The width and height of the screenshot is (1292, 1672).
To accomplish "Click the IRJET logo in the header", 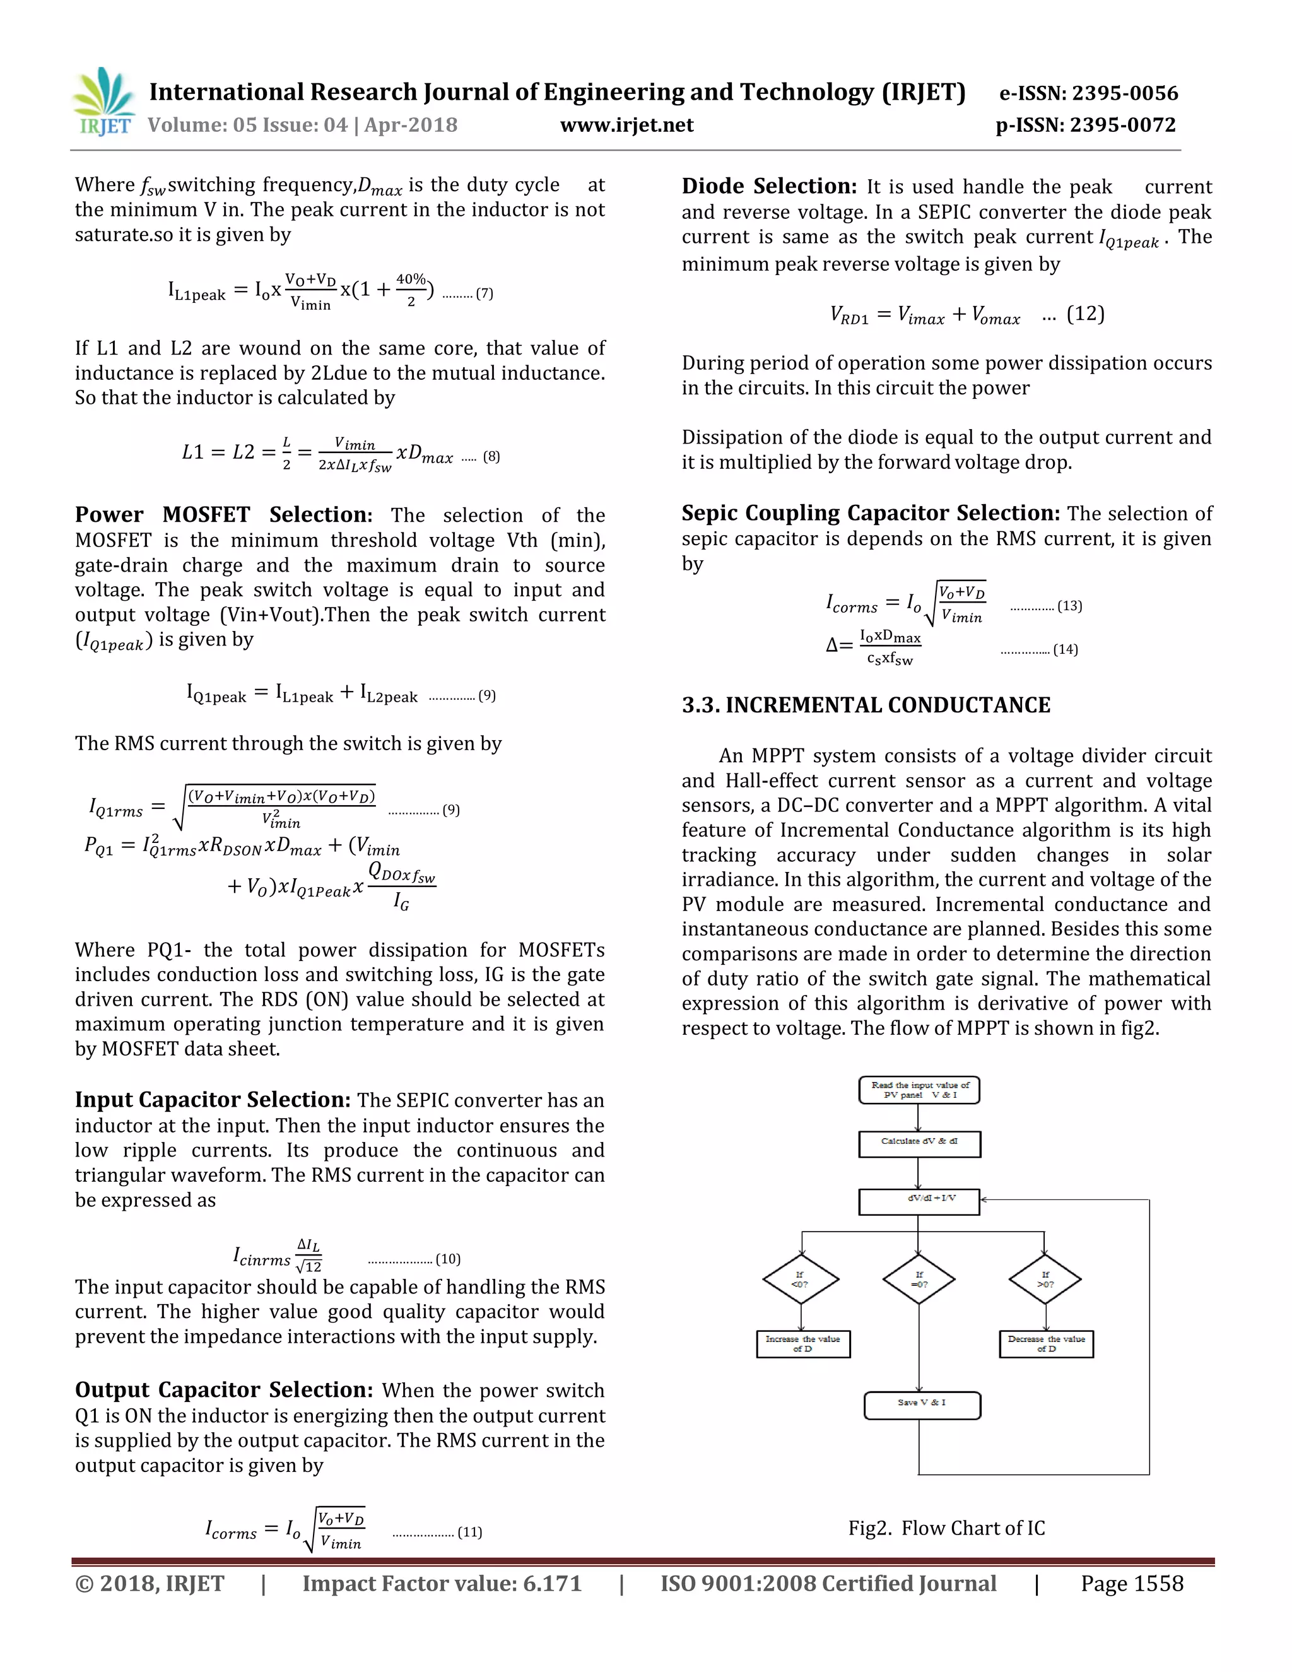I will tap(103, 102).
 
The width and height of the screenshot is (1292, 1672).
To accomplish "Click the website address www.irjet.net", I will tap(627, 125).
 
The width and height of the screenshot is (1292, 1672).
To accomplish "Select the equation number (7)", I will tap(484, 293).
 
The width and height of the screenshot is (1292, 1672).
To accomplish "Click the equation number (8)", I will tap(491, 456).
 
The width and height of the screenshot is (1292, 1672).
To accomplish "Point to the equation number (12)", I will tap(1085, 314).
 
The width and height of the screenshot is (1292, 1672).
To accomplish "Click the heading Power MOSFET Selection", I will tap(223, 514).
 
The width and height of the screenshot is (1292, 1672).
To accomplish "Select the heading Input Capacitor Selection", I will tap(213, 1099).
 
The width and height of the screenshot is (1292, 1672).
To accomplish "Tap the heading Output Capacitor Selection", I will tap(223, 1389).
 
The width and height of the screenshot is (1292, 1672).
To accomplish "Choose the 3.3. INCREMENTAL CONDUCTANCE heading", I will tap(866, 705).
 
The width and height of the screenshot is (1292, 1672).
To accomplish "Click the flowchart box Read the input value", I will tap(919, 1090).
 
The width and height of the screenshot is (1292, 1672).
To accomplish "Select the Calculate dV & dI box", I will tap(919, 1144).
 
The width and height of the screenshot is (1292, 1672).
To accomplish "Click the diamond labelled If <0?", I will tap(801, 1280).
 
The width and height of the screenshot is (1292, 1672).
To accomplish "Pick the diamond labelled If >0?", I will tap(1045, 1280).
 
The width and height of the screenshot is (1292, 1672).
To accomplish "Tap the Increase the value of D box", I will tap(803, 1343).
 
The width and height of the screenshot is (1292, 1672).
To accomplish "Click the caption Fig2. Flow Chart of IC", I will tap(946, 1528).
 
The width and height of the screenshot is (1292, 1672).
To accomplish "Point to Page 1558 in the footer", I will tap(1131, 1583).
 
